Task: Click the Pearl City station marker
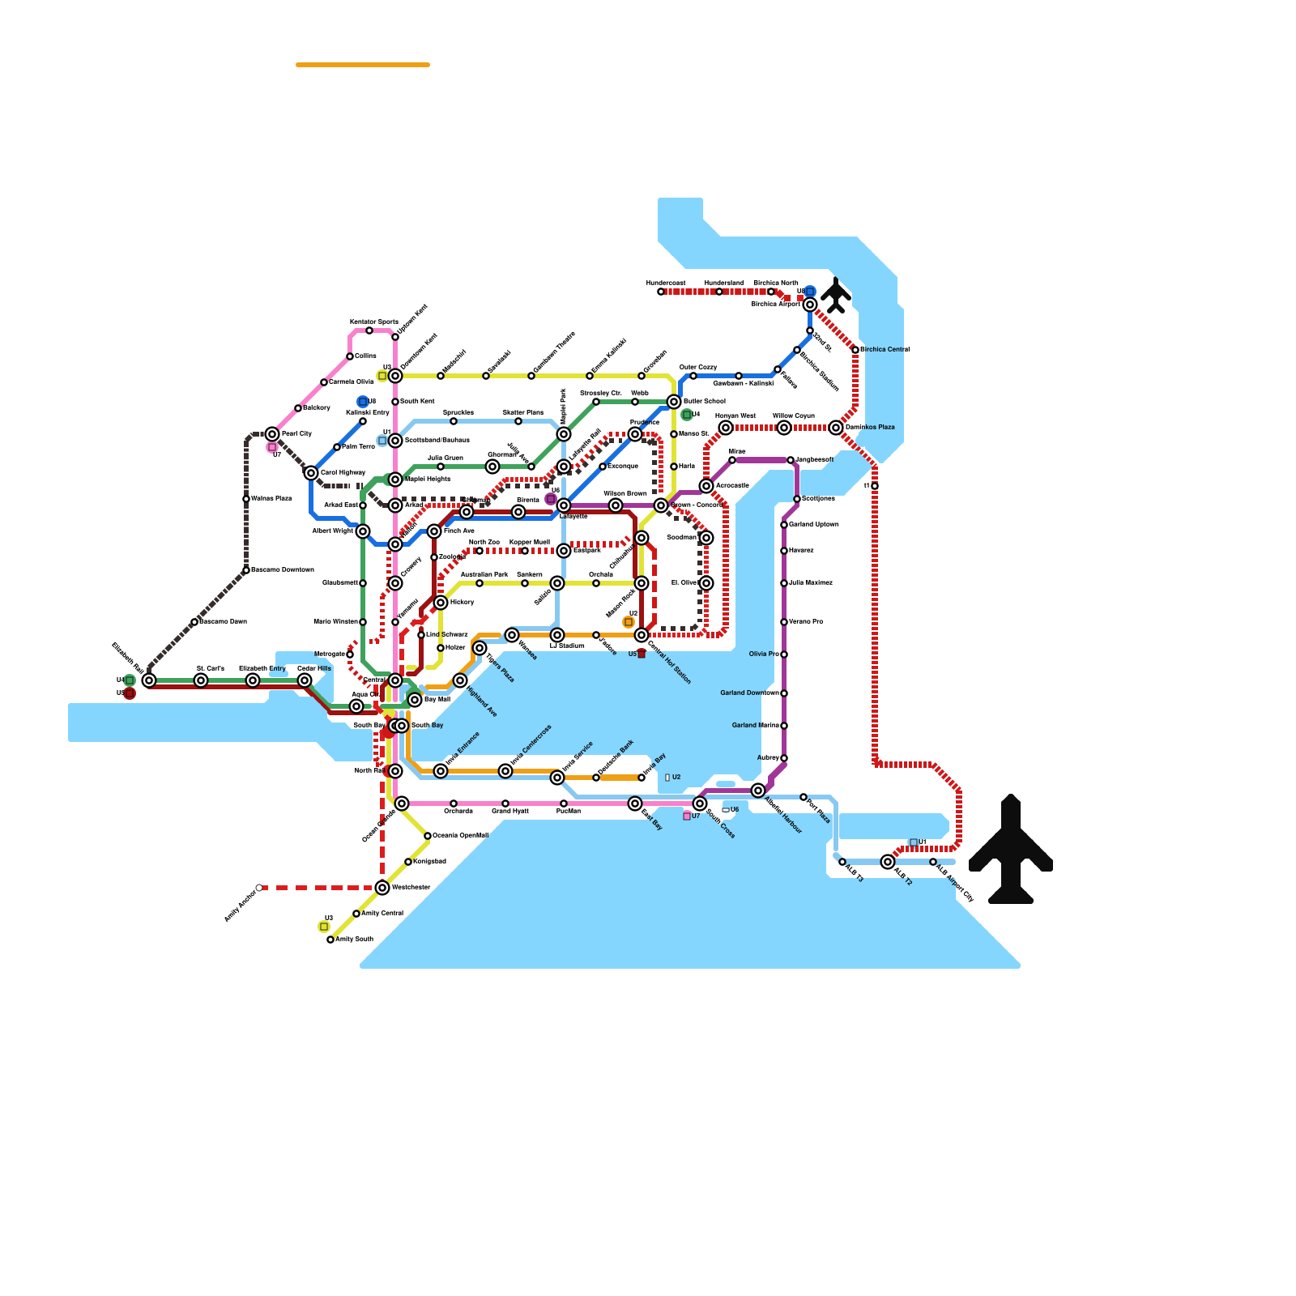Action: tap(272, 434)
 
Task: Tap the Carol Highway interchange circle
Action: tap(311, 473)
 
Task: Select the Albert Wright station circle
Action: tap(363, 531)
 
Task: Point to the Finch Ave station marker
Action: tap(434, 531)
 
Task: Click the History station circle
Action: tap(441, 603)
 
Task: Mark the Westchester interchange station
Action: tap(382, 888)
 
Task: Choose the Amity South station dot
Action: tap(330, 940)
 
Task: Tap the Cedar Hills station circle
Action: tap(305, 680)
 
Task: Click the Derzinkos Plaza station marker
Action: tap(836, 428)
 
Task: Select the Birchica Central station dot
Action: tap(855, 350)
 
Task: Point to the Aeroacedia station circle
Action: tap(706, 486)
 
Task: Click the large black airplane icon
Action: tap(1011, 850)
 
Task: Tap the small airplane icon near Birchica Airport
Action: tap(836, 296)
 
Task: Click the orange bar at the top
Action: tap(363, 65)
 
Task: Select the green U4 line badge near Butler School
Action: tap(687, 415)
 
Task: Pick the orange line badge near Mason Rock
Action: tap(629, 622)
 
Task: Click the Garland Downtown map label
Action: tap(749, 693)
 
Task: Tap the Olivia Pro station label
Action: tap(764, 654)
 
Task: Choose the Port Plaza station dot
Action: tap(804, 797)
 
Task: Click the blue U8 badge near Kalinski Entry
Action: tap(363, 402)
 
